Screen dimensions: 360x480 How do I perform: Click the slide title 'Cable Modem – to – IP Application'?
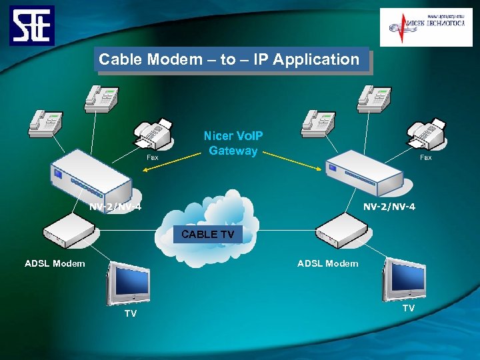pos(229,59)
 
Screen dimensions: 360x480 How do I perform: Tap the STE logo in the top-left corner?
pos(32,25)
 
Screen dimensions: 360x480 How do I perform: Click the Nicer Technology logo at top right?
pos(425,27)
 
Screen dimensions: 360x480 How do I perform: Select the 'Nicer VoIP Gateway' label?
pos(233,143)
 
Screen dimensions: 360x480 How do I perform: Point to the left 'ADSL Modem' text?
pos(55,263)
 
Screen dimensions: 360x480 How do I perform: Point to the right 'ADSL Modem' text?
pos(327,263)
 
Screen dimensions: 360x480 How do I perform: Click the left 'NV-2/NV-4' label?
pos(115,207)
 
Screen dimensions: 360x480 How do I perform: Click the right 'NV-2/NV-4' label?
pos(389,207)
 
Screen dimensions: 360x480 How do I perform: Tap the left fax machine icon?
pos(153,135)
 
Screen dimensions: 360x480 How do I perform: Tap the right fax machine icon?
pos(427,135)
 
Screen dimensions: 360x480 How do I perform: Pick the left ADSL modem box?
pos(70,231)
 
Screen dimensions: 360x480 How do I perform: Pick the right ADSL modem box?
pos(342,231)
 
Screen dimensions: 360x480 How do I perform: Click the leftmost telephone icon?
pos(45,123)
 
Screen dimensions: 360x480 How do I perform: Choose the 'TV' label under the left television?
pos(131,313)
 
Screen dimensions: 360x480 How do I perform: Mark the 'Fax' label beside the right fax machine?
pos(425,158)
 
